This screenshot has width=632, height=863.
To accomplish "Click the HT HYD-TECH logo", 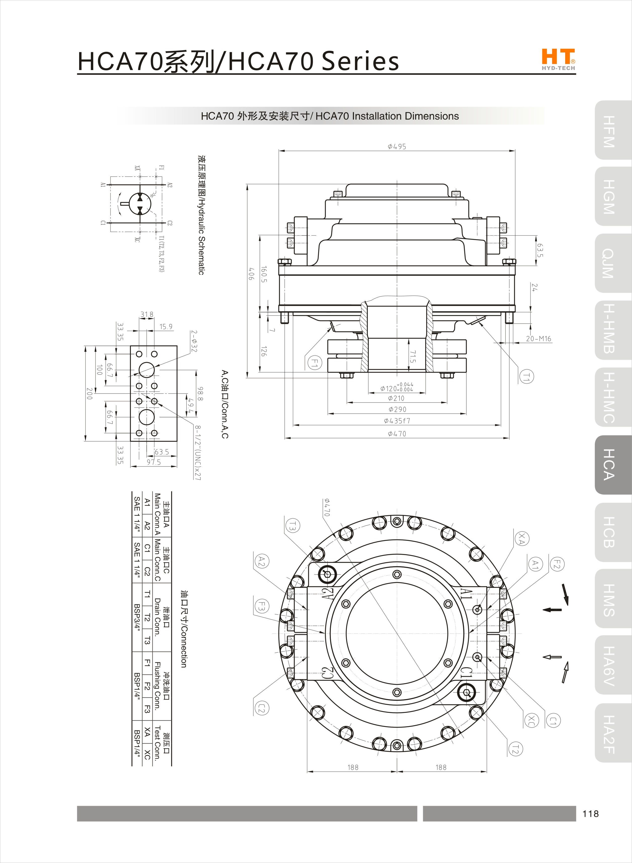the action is (x=558, y=59).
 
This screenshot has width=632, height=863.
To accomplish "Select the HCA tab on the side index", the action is (x=612, y=465).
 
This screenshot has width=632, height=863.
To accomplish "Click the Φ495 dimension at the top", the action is (x=397, y=146).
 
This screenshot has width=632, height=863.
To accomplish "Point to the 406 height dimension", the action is (x=251, y=274).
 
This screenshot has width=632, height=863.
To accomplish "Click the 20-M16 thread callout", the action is (x=538, y=338).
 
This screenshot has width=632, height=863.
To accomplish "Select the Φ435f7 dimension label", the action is (x=397, y=421).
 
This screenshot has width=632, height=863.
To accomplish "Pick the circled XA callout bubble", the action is (x=521, y=538).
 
